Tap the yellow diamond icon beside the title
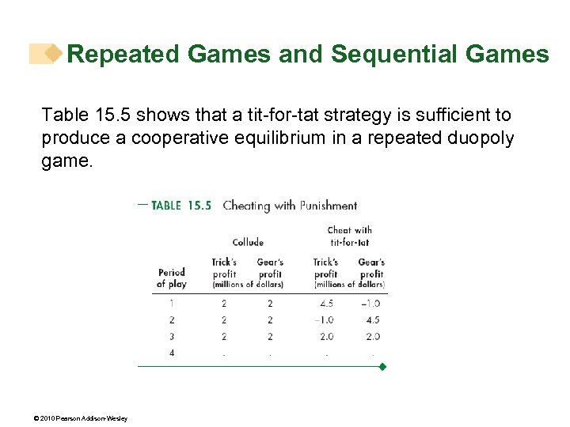53,54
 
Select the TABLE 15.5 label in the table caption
180,206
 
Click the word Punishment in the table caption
329,206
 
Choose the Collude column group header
248,242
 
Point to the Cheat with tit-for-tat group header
349,236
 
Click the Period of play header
171,278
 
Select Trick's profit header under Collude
224,267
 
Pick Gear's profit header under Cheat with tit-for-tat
371,267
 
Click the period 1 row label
172,303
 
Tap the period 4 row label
172,353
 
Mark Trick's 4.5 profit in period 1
325,303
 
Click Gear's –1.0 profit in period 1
370,303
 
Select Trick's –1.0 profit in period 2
324,319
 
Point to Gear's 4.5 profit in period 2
372,319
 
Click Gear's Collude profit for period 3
270,336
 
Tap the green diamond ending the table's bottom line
383,367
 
